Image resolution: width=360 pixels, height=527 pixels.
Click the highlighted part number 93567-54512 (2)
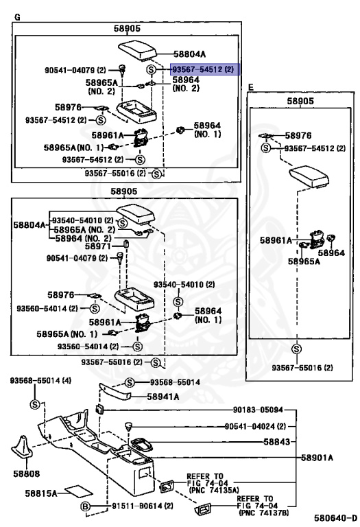[203, 69]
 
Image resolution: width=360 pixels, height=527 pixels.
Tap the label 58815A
[40, 493]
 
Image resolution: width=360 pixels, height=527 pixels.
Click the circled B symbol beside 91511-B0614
[86, 506]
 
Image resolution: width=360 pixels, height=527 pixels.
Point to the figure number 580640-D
[335, 517]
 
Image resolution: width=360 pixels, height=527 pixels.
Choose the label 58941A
[163, 397]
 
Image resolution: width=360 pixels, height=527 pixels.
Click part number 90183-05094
[258, 410]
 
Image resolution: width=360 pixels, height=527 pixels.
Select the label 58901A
[317, 458]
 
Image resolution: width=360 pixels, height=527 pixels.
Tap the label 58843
[276, 441]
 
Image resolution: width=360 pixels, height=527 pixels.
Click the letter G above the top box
[17, 16]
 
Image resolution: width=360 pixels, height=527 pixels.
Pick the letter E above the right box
[250, 87]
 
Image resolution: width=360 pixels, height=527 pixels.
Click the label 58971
[97, 246]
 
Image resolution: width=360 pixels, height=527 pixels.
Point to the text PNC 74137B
[263, 513]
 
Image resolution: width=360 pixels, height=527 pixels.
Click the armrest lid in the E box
[309, 176]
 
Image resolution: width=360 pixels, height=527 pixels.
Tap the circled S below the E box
[296, 349]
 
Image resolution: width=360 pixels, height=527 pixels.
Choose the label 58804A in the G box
[189, 54]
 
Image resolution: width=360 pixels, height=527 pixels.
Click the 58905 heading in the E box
[300, 101]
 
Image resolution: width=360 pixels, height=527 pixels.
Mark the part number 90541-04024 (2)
[255, 426]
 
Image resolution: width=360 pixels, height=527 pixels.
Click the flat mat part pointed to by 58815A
[79, 492]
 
